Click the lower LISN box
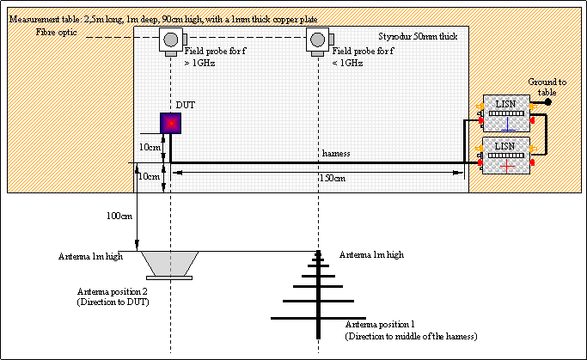point(504,155)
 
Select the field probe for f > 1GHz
point(171,40)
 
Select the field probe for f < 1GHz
point(319,40)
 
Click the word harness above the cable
point(336,153)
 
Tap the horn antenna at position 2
point(171,263)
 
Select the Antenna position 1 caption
point(410,329)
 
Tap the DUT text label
point(186,104)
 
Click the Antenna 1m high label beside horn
point(89,256)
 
